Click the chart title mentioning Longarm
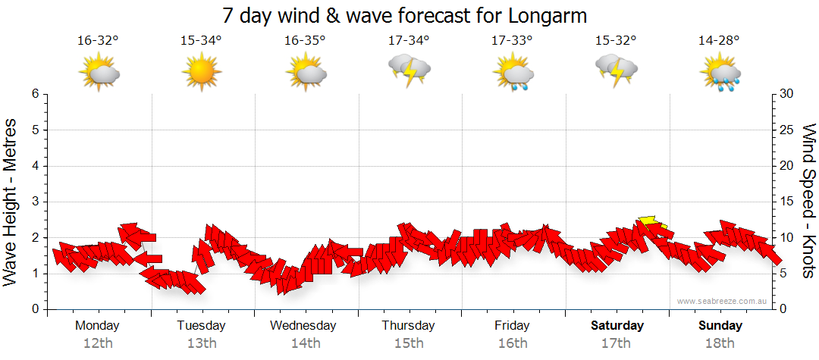(406, 15)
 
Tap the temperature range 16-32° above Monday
(99, 40)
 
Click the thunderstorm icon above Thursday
(409, 70)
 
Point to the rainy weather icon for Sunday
(720, 73)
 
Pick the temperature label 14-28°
(719, 40)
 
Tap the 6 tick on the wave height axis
(34, 94)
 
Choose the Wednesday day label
(303, 326)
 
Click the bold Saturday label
(617, 326)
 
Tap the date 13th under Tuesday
(202, 343)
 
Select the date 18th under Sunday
(720, 343)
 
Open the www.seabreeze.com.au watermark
(723, 302)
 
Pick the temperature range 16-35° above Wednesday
(306, 40)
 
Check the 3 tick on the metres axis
(34, 202)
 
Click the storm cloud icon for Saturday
(616, 70)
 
